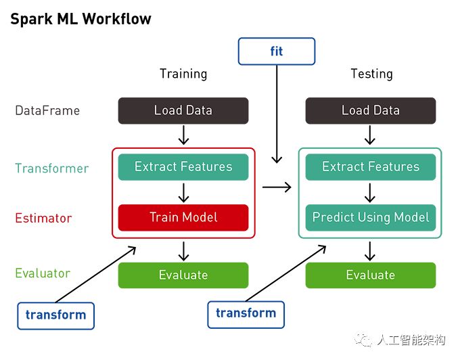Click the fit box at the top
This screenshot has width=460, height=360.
(277, 51)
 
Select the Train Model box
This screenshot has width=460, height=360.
(183, 217)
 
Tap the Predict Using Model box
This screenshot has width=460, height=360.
(371, 217)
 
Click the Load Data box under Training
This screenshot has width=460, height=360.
(183, 110)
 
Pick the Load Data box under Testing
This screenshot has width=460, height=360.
(371, 110)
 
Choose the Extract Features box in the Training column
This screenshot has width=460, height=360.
(183, 166)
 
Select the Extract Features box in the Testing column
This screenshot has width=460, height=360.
(371, 166)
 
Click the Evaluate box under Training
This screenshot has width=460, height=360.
(183, 275)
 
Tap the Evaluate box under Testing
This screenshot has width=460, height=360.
(371, 275)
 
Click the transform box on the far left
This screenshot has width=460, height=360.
(55, 316)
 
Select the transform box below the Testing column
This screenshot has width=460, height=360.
(246, 314)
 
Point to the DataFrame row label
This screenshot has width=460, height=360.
(47, 111)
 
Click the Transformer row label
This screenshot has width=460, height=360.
(52, 168)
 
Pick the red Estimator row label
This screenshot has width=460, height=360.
(43, 219)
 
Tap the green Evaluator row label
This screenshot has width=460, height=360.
(43, 273)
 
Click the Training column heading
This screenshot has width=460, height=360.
(183, 74)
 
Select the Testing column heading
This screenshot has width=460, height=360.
(371, 74)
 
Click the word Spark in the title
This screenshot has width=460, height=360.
(31, 20)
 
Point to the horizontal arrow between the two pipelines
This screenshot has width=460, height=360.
(277, 187)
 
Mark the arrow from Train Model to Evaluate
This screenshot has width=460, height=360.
(183, 251)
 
